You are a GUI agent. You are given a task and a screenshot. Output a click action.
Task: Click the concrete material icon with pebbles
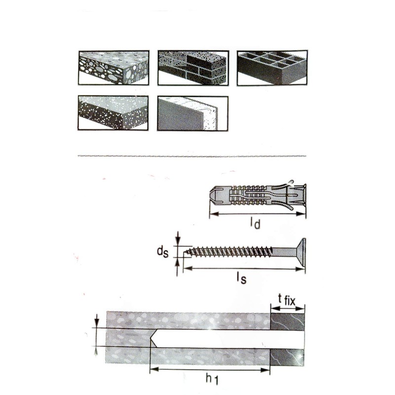[114, 68]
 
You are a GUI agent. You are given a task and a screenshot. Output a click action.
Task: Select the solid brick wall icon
[193, 68]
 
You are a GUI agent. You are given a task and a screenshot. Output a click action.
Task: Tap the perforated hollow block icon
[272, 68]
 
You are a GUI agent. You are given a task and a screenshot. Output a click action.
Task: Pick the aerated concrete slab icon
[114, 113]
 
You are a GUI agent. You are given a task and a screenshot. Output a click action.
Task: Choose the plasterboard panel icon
[193, 113]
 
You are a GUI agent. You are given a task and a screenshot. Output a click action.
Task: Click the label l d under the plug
[255, 224]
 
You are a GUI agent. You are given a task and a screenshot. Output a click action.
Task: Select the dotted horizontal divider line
[193, 157]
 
